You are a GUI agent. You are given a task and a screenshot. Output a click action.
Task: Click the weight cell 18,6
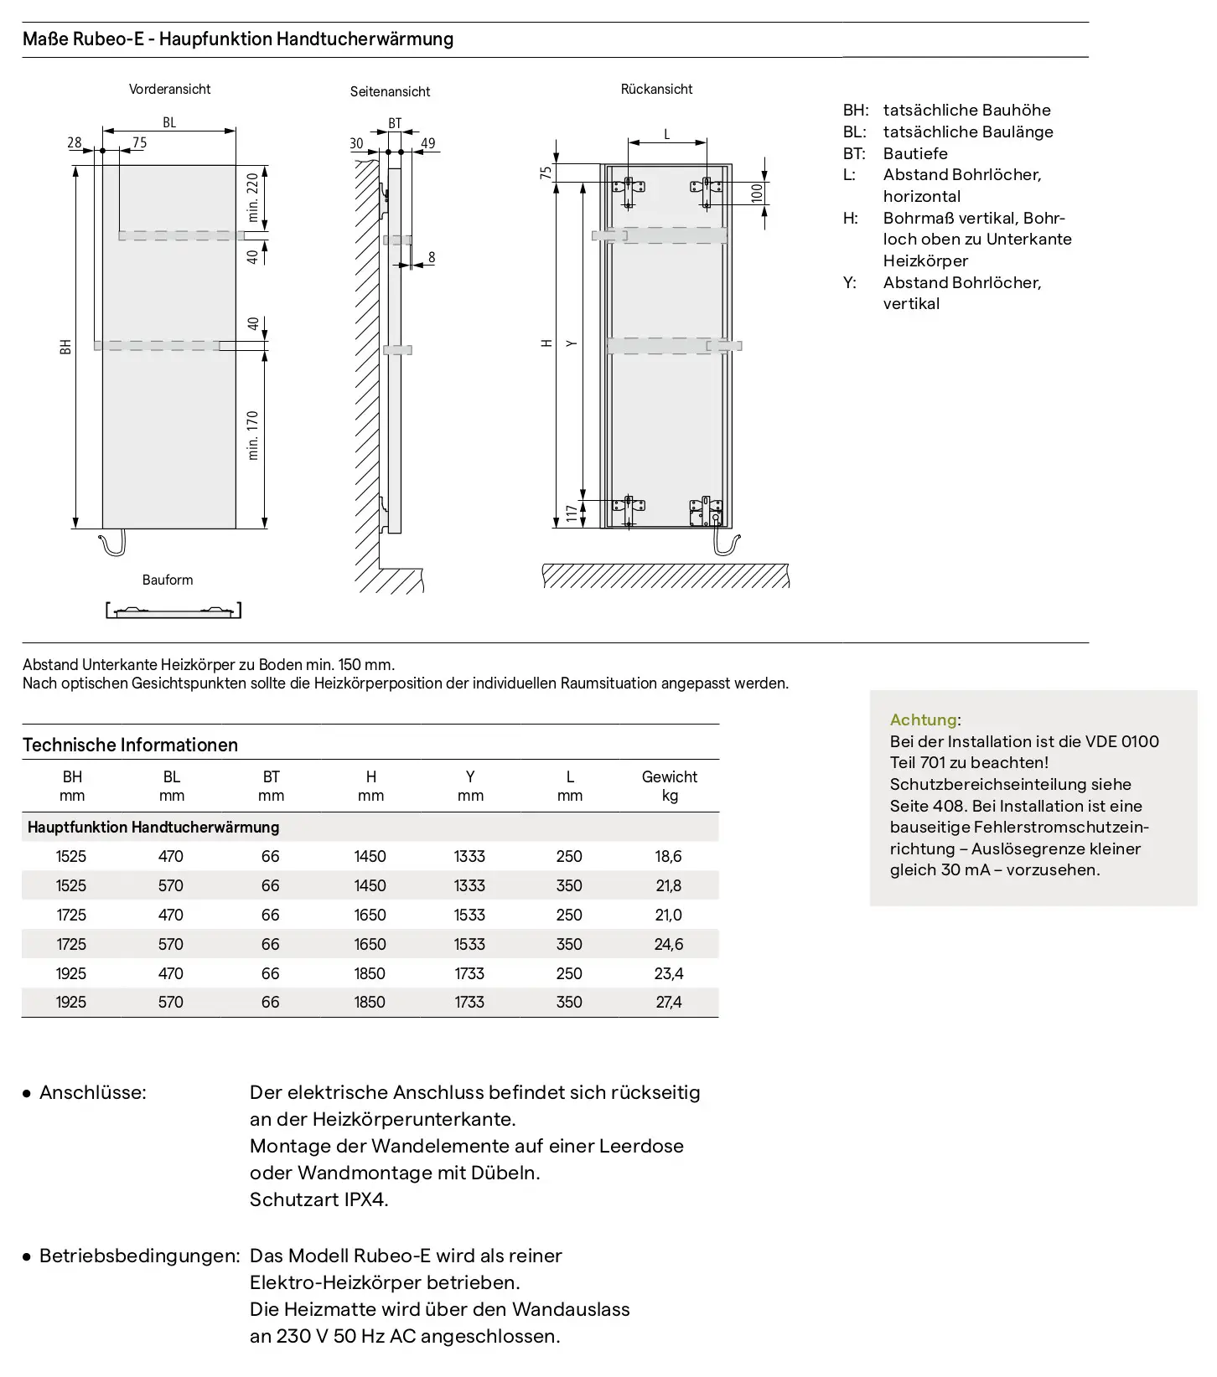pos(668,856)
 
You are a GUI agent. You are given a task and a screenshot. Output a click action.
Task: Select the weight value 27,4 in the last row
pos(668,1002)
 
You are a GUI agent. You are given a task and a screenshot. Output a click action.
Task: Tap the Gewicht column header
pos(669,776)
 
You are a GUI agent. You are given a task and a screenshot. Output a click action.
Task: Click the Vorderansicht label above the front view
pos(169,89)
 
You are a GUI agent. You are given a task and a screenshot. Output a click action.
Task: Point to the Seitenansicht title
pos(390,91)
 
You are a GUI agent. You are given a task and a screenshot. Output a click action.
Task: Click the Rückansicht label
pos(656,89)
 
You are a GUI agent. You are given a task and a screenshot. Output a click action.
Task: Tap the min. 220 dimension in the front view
pos(252,198)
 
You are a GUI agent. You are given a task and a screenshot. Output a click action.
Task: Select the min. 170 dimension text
pos(252,436)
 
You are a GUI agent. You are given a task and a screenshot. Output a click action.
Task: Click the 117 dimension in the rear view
pos(572,513)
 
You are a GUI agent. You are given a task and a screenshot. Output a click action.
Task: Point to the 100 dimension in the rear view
pos(757,193)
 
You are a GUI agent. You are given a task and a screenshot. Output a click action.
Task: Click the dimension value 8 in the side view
pos(432,257)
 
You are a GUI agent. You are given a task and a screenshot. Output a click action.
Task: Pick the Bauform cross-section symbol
pos(173,610)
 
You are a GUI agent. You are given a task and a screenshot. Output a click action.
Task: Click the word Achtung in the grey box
pos(924,719)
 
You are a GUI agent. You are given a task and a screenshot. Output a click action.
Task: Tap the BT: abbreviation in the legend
pos(854,153)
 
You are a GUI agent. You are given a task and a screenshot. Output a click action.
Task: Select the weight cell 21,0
pos(668,915)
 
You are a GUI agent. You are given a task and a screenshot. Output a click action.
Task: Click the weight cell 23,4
pos(668,973)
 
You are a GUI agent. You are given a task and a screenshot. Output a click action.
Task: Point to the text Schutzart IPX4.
pos(319,1199)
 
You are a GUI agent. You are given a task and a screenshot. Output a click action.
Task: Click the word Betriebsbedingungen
pos(139,1256)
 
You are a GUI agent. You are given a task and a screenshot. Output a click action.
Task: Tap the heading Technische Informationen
pos(130,745)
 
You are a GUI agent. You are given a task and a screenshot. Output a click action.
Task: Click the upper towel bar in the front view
pos(181,235)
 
